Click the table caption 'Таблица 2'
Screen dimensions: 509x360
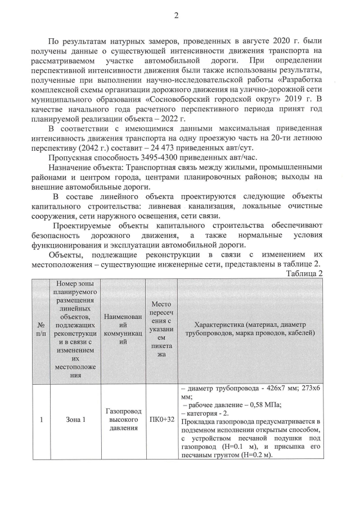tap(304, 273)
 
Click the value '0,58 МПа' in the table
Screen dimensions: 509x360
tap(263, 404)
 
